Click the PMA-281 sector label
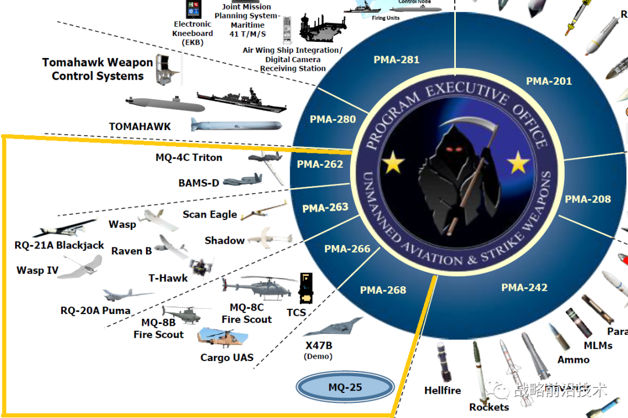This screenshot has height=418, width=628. (397, 60)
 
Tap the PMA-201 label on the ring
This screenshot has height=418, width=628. (549, 81)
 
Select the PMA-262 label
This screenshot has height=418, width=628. (320, 164)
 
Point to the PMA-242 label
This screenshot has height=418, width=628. (524, 287)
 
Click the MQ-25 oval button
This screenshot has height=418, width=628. (345, 387)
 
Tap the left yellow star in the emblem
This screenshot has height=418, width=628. (394, 164)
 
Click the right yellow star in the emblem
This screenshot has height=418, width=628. (518, 165)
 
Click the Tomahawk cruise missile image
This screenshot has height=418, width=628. (236, 125)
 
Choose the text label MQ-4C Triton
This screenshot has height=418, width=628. (189, 157)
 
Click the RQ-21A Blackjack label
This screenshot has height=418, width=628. (59, 246)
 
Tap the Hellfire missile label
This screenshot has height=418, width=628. (443, 391)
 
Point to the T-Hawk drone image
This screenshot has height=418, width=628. (201, 267)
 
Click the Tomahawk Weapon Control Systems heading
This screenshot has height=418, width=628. (97, 69)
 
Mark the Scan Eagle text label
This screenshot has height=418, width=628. (210, 215)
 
